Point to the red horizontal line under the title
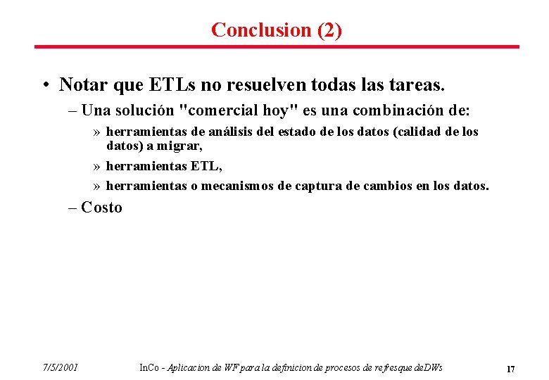pyautogui.click(x=277, y=47)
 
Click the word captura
pyautogui.click(x=312, y=186)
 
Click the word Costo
pyautogui.click(x=102, y=208)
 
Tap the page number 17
pyautogui.click(x=511, y=369)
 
